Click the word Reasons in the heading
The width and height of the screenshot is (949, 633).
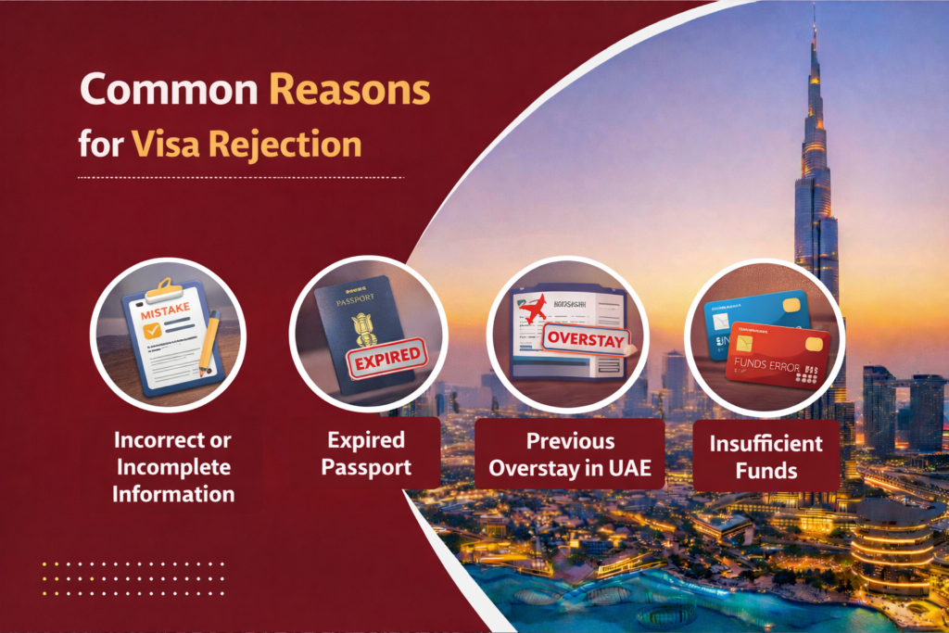coord(349,90)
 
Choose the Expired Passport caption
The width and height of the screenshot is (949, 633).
coord(366,451)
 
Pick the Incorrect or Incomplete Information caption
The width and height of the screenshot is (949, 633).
coord(173,466)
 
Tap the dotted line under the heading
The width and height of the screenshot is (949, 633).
coord(241,177)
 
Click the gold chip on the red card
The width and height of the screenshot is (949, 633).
coord(815,346)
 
